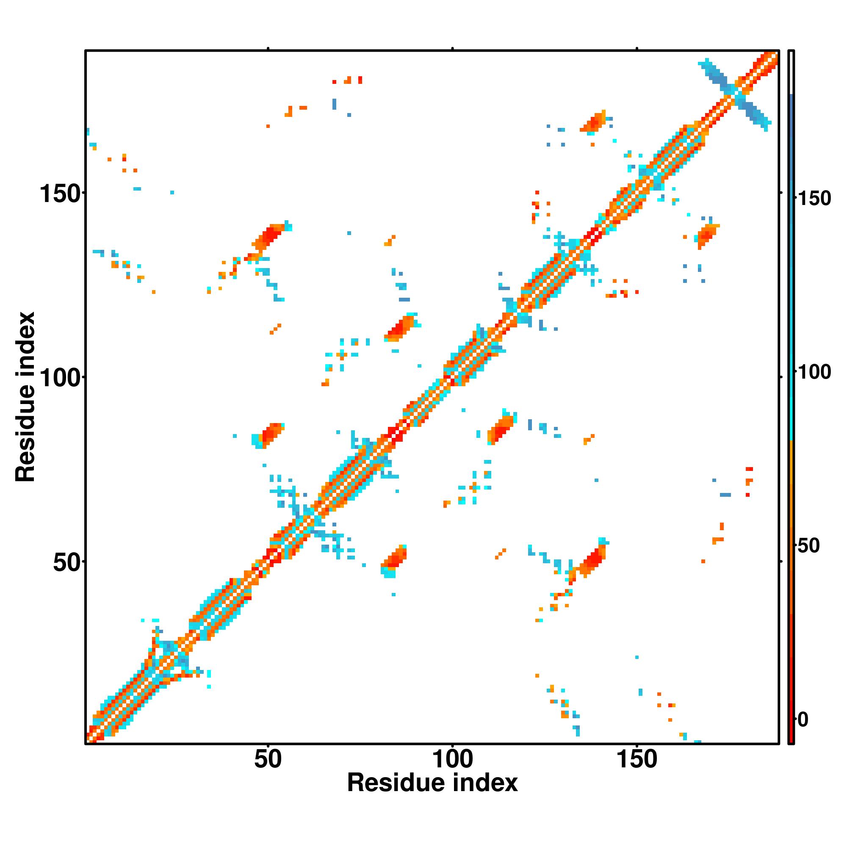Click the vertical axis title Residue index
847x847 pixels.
tap(25, 397)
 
